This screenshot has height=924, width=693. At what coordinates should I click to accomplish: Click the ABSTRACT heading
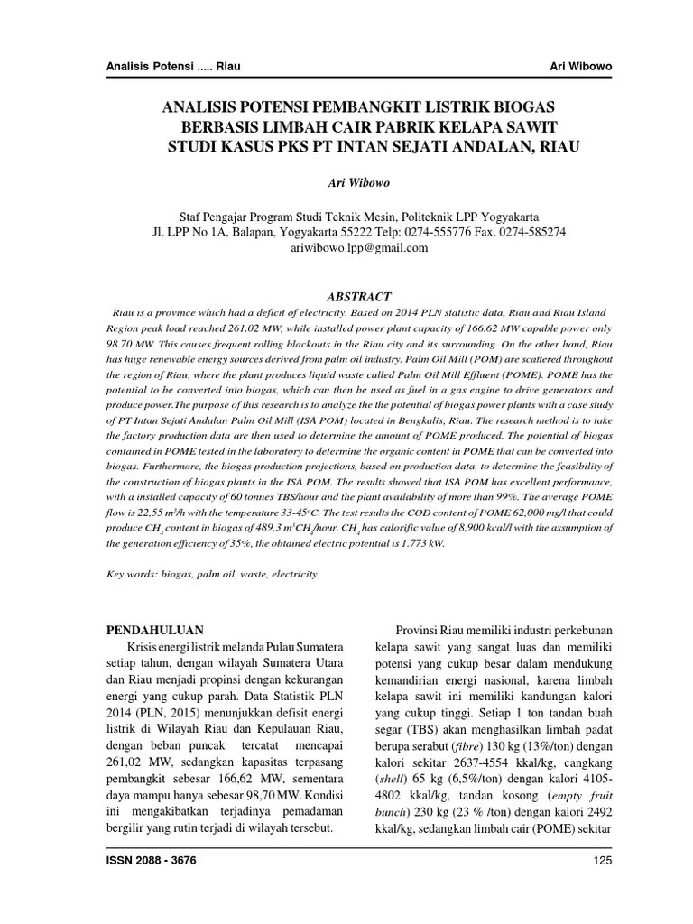[x=358, y=296]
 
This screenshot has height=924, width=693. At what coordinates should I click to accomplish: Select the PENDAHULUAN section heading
[x=155, y=629]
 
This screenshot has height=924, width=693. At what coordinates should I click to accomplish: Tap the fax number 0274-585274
[x=531, y=232]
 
